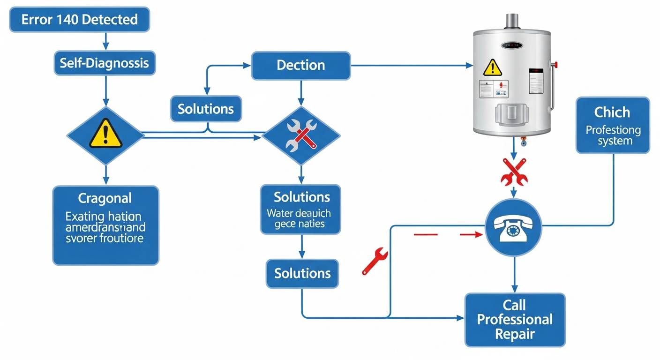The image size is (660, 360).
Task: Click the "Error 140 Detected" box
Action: [79, 20]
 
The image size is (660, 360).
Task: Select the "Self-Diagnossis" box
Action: [104, 63]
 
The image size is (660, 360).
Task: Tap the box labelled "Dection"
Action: [301, 65]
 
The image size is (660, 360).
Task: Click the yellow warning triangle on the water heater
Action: [493, 67]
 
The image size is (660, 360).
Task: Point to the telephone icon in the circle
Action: [513, 227]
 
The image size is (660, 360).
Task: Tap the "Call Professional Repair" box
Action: [515, 320]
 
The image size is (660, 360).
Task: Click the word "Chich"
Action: [612, 112]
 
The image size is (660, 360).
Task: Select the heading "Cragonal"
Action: [105, 198]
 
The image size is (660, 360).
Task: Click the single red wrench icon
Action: [375, 261]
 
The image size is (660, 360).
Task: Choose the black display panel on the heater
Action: [512, 45]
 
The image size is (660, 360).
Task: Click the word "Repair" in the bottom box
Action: [515, 334]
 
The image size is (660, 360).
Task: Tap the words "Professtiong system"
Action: [612, 135]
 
